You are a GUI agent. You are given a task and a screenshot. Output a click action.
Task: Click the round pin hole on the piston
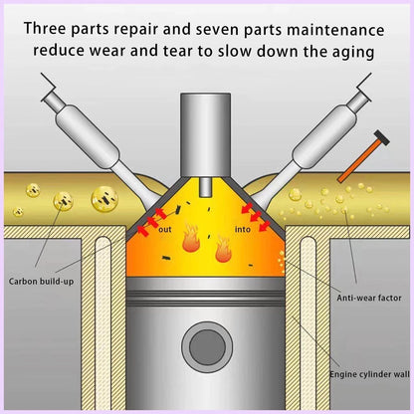click(x=207, y=347)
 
